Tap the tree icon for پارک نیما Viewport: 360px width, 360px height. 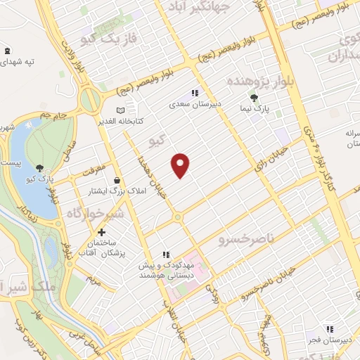(255, 98)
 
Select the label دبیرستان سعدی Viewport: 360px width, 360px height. (195, 104)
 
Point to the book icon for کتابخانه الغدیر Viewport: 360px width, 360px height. (120, 110)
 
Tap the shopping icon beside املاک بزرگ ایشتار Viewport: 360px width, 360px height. (116, 181)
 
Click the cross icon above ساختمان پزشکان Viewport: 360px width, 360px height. (101, 232)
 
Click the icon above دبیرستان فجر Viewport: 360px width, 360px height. (328, 328)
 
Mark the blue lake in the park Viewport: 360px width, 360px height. (22, 148)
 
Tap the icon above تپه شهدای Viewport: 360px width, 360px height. (7, 50)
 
